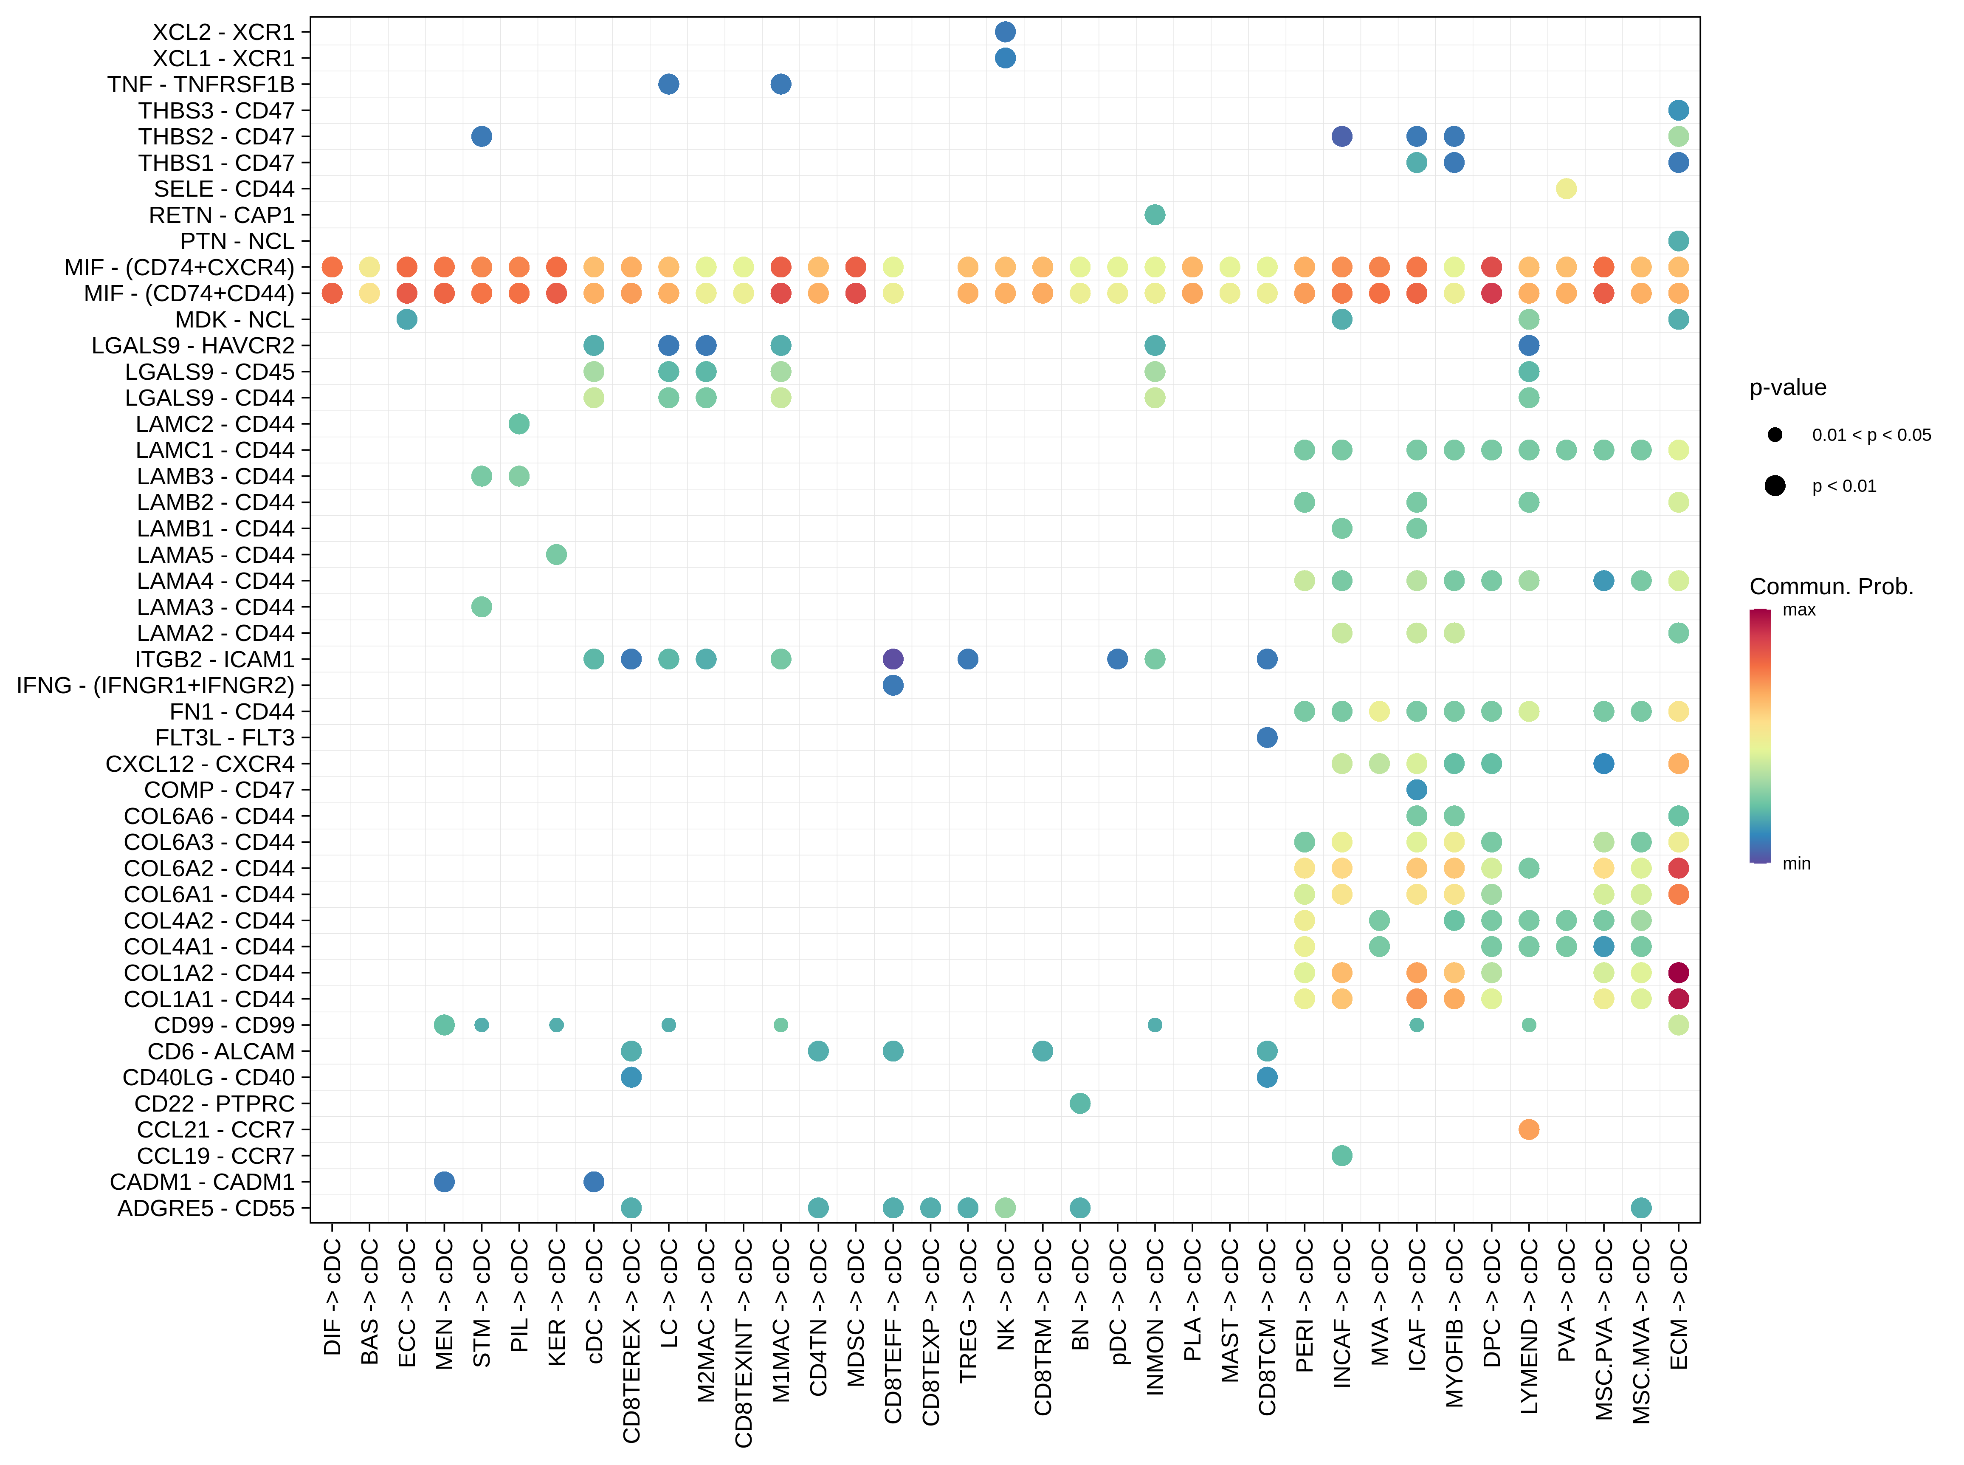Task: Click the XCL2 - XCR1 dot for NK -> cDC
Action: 1005,32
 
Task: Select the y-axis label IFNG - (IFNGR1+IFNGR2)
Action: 155,686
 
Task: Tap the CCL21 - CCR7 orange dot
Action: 1528,1129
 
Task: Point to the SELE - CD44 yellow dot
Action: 1566,189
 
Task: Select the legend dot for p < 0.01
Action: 1774,486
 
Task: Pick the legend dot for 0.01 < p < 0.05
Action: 1774,435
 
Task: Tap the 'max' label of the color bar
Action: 1798,610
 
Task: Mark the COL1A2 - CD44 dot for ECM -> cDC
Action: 1678,973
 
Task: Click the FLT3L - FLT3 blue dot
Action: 1267,738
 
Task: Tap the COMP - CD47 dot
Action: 1416,789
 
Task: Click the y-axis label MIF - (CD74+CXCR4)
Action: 179,267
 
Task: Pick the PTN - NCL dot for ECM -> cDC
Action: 1678,241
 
